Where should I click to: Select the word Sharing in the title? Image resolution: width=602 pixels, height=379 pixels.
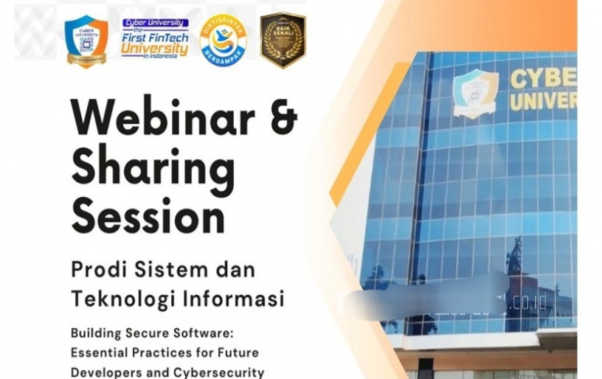[153, 168]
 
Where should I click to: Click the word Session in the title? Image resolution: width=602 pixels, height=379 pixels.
[148, 215]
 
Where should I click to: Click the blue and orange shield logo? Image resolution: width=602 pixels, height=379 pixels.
[86, 39]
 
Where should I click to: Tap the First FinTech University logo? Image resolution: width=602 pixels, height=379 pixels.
[155, 38]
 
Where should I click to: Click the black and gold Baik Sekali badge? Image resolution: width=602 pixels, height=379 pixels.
[283, 40]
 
